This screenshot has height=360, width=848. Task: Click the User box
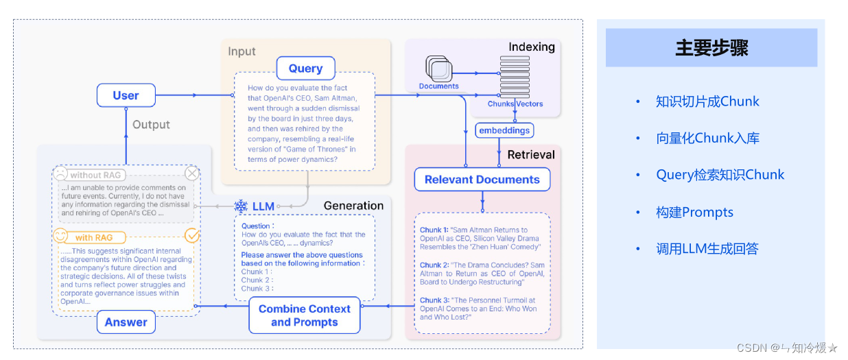(126, 95)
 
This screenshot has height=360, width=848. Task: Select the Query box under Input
(305, 69)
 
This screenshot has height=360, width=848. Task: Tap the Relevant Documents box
(482, 180)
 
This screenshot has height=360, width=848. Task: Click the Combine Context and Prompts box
(304, 315)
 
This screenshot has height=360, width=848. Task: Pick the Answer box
(126, 322)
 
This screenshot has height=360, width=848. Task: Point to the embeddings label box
(504, 130)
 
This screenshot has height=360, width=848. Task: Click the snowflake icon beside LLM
(241, 206)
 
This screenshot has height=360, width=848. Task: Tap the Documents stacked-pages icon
(438, 69)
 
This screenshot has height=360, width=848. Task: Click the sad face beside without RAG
(62, 174)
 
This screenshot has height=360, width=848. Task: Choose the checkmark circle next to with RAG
(193, 236)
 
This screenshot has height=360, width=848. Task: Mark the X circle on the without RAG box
(192, 173)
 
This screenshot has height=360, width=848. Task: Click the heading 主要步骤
(711, 48)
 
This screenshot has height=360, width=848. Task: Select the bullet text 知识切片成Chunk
(707, 101)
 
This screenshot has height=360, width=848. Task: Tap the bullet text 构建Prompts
(694, 212)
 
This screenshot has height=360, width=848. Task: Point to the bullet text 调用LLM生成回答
(707, 249)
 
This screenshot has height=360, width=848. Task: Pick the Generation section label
(353, 206)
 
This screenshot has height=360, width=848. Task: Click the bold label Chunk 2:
(434, 265)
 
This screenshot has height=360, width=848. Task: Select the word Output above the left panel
(151, 125)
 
